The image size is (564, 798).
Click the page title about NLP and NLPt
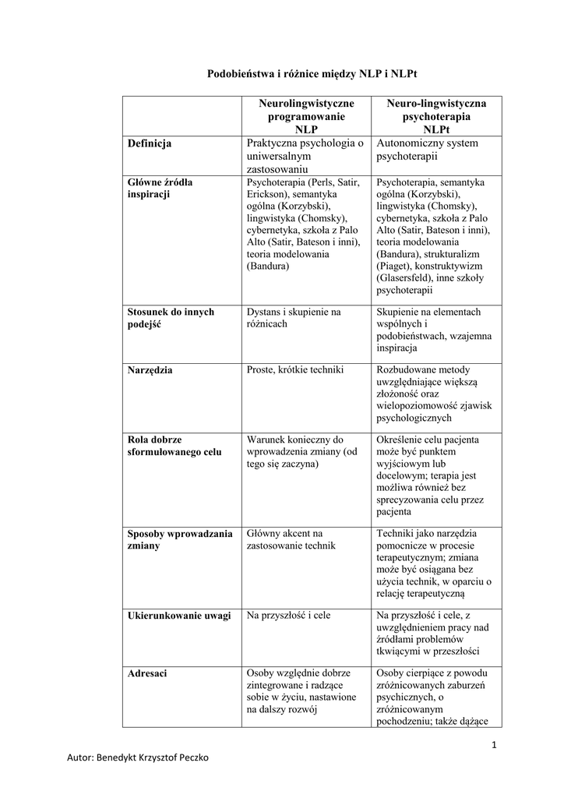coord(312,74)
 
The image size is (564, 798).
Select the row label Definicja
coord(150,143)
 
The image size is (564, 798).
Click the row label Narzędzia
coord(150,370)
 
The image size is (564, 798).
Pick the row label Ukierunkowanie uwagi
coord(178,616)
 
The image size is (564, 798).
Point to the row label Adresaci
coord(146,673)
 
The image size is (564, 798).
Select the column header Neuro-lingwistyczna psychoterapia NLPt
coord(436,116)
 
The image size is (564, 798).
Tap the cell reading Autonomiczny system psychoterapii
coord(427,150)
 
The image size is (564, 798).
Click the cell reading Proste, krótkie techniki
coord(294,369)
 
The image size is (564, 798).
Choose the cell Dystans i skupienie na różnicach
coord(294,317)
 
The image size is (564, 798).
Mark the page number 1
coord(494,745)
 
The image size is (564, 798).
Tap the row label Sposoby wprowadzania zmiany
coord(179,539)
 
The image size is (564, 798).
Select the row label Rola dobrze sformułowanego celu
coord(174,446)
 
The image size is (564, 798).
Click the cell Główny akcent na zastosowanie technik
coord(291,539)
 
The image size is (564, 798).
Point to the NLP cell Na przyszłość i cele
coord(288,616)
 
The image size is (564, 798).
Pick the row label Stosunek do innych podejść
coord(170,317)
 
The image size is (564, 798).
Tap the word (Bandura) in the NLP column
coord(268,267)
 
